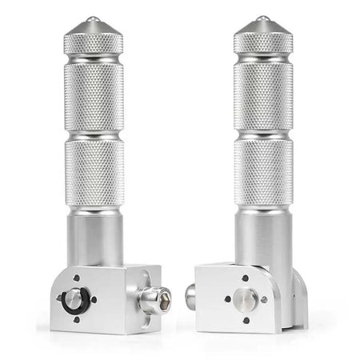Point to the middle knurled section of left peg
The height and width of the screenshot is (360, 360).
94,96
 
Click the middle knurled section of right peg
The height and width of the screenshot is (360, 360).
263,96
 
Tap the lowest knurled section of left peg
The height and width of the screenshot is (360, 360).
94,172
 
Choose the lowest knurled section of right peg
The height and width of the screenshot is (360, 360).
263,172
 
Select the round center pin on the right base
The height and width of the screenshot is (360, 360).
246,299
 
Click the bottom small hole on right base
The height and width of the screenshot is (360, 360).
246,320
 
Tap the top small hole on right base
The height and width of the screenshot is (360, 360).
246,279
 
